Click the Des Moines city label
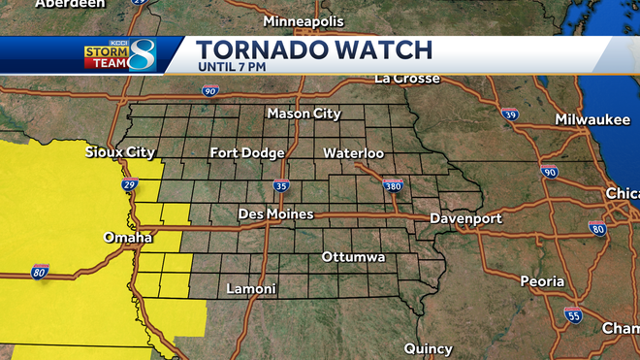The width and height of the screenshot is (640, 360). tap(275, 213)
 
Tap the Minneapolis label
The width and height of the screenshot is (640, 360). tap(304, 20)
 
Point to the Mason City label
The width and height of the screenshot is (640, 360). tap(304, 115)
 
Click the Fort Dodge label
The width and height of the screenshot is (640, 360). tap(247, 153)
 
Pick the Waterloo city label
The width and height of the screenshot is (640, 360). tap(353, 153)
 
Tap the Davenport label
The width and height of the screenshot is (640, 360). tap(465, 218)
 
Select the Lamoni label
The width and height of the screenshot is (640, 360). tap(251, 289)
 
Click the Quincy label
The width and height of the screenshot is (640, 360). tap(429, 348)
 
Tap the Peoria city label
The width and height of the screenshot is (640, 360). tap(541, 281)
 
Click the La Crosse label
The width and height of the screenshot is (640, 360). tap(407, 78)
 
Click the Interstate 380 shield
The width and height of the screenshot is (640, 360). tap(392, 186)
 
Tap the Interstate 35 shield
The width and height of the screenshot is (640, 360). tap(281, 186)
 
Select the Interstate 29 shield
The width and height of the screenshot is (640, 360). tap(132, 182)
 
